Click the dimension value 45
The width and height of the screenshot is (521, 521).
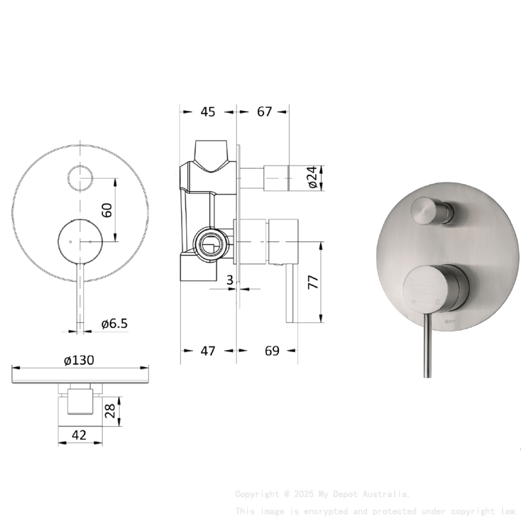[208, 112]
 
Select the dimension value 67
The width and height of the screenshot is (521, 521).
[264, 112]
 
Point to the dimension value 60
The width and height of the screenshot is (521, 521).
[107, 210]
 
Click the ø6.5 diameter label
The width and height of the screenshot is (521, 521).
[115, 323]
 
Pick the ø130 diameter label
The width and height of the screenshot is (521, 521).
[79, 360]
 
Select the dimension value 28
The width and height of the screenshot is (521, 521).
[110, 411]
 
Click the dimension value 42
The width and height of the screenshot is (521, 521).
[79, 435]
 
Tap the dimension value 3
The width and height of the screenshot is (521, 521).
[230, 280]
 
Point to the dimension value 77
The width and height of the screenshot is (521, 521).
[312, 283]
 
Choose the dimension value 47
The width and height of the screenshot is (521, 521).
[208, 351]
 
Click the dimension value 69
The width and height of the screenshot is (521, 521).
[272, 351]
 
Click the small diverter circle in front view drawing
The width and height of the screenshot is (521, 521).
[80, 178]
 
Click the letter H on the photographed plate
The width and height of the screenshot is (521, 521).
[414, 302]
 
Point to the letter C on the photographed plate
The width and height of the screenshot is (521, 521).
[438, 302]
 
